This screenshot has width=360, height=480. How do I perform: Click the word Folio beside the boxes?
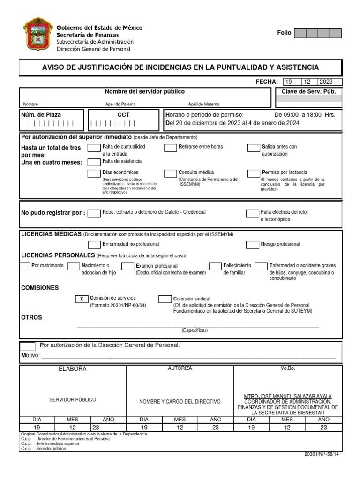tap(284, 33)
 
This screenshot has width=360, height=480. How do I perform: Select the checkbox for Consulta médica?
tap(170, 173)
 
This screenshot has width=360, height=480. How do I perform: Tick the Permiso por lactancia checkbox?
tap(254, 173)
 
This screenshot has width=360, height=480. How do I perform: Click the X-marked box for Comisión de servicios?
tap(82, 299)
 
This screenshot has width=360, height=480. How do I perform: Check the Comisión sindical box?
tap(165, 299)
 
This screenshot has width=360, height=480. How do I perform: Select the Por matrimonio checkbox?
tap(25, 266)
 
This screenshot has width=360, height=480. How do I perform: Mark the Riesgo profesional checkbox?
tap(254, 244)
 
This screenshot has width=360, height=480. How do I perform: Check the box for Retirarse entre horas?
tap(170, 148)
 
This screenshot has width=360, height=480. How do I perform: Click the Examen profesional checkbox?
tap(128, 266)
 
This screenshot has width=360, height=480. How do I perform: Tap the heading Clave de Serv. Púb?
tap(308, 92)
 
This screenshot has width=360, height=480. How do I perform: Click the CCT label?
tap(124, 115)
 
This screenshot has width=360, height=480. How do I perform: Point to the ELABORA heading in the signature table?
tap(73, 369)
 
